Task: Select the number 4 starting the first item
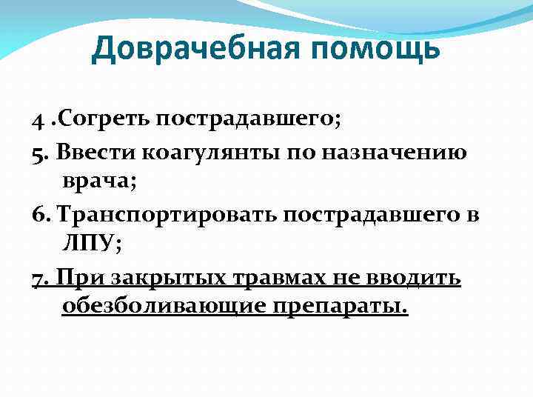click(x=37, y=120)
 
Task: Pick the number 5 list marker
click(x=37, y=154)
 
